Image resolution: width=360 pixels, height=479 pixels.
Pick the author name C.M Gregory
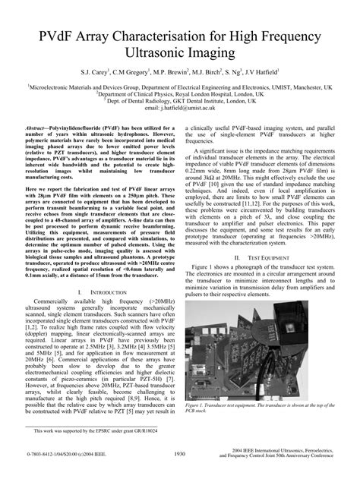[x=134, y=74]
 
